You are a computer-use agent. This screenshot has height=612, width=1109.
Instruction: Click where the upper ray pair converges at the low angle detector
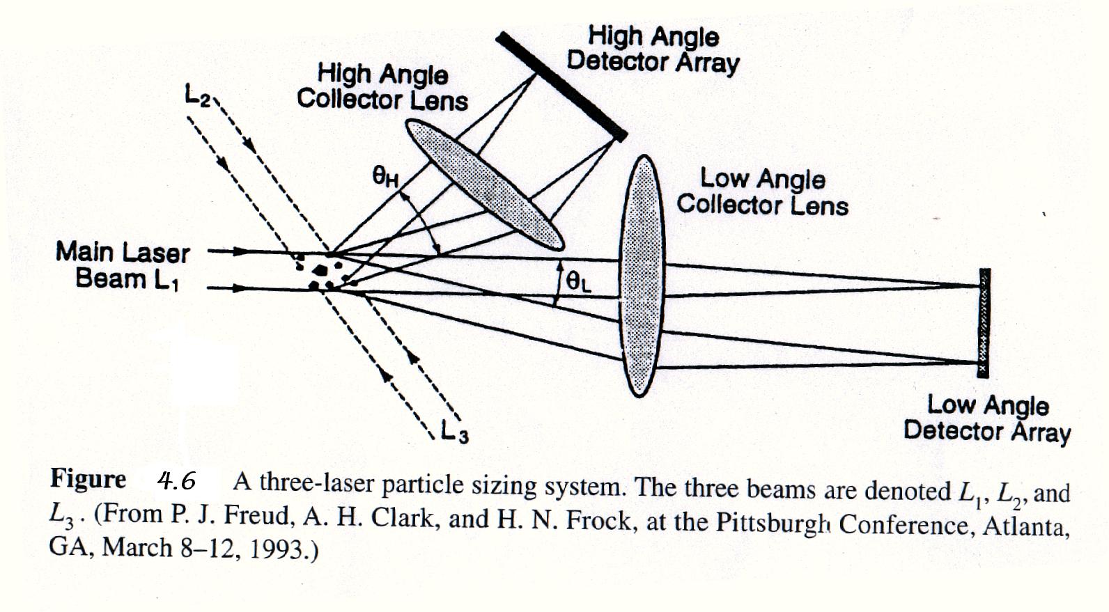click(977, 286)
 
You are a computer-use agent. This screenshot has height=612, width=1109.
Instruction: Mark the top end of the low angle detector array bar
click(985, 269)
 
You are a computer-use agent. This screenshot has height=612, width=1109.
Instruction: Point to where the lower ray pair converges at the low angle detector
click(977, 362)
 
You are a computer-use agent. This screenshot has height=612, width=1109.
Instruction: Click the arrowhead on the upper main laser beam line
click(240, 251)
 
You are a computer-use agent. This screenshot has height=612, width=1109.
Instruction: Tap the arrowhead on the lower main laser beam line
click(240, 288)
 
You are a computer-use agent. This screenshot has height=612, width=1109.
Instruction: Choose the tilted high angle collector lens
click(485, 185)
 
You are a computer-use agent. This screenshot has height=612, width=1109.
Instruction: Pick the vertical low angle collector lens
click(642, 276)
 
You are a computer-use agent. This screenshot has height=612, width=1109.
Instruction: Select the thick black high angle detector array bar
click(561, 86)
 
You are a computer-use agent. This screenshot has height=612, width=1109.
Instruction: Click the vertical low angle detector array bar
click(984, 323)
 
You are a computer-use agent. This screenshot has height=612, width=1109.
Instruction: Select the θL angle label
click(579, 283)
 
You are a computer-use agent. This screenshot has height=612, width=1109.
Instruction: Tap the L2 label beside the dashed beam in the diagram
click(198, 95)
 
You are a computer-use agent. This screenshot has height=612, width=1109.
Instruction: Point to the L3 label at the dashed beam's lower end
click(454, 432)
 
